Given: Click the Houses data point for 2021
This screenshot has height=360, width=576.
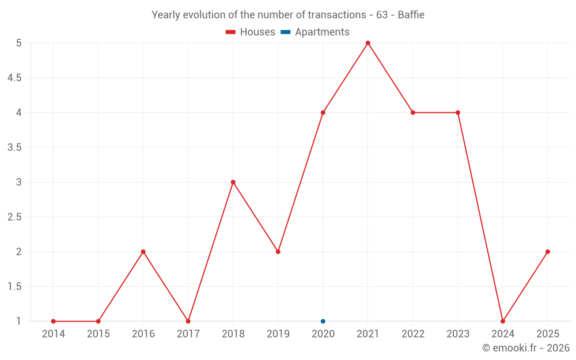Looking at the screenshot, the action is tap(367, 43).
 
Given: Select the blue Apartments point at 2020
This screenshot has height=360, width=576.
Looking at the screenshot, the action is tap(323, 321).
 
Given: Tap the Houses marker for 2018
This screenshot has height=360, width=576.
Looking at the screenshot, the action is tap(233, 182).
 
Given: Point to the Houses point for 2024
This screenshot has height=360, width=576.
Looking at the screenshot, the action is tap(502, 321).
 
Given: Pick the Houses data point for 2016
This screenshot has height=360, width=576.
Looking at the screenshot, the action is tap(143, 252).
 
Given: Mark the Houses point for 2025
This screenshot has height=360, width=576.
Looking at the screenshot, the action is tap(548, 252).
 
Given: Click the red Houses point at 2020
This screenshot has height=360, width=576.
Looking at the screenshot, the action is tap(323, 112).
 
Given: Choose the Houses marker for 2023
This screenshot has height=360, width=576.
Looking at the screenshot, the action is tap(458, 112).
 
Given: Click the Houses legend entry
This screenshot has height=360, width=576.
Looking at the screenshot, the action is tap(251, 32).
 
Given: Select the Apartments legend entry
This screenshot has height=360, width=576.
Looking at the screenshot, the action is tap(315, 32).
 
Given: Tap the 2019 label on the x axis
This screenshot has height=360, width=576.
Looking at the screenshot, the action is tap(278, 334).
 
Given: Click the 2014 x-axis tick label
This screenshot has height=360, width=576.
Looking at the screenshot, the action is tap(53, 334).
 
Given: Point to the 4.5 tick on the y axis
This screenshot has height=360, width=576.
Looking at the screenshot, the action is tap(14, 78).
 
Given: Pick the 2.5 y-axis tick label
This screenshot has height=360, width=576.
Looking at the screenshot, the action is tap(14, 217).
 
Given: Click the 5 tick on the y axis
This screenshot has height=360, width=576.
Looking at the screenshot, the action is tap(19, 43).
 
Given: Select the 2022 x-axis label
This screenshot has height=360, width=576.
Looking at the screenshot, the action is tap(413, 334).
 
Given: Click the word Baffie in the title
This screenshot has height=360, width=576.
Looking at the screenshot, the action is tap(411, 15).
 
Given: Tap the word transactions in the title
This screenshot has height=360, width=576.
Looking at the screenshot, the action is tap(337, 15).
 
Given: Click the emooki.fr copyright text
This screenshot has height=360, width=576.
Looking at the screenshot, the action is tap(526, 347).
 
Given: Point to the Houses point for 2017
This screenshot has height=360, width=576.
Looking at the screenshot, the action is tap(188, 321).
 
